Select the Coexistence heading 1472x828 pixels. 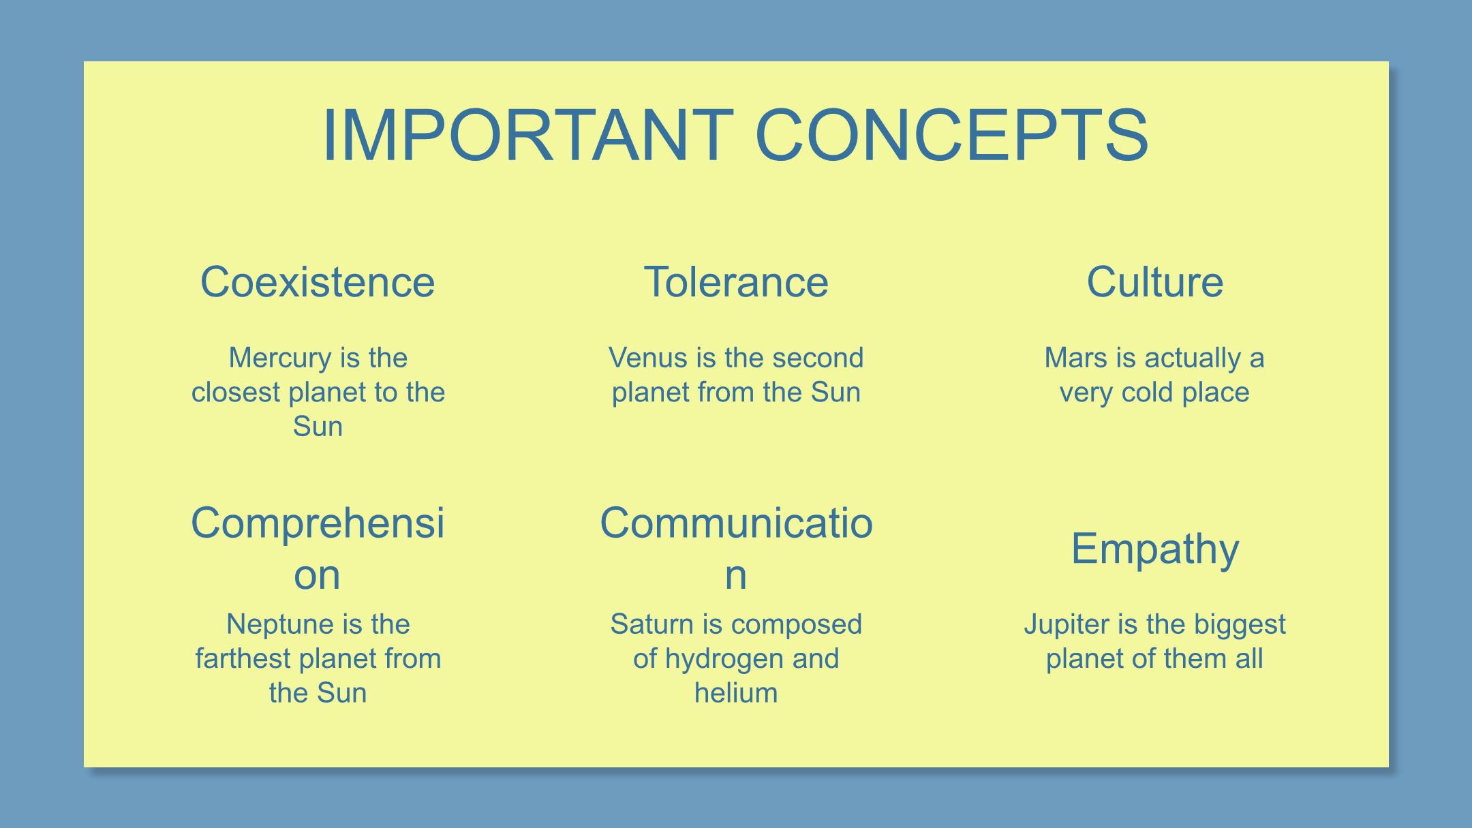click(x=318, y=282)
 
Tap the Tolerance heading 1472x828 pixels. click(x=736, y=282)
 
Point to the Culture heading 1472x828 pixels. click(x=1154, y=282)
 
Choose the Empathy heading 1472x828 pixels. click(x=1154, y=549)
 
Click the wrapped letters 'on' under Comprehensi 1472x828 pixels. click(x=317, y=575)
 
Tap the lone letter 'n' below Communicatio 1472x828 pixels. click(x=735, y=575)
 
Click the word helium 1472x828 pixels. click(x=736, y=692)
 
